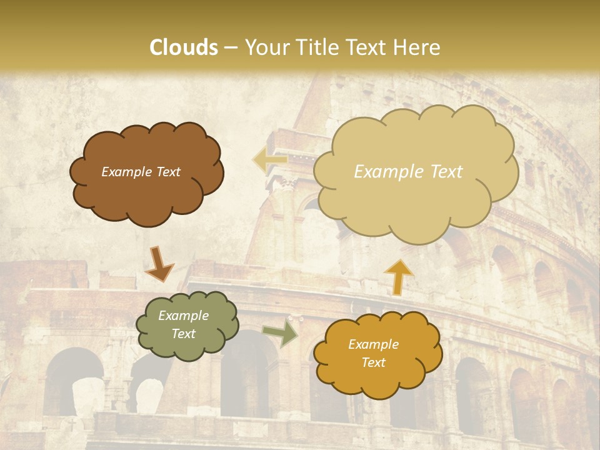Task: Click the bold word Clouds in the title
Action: (x=184, y=47)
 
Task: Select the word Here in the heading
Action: (x=417, y=47)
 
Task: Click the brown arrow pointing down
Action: (x=159, y=264)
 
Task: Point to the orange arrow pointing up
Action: (x=399, y=276)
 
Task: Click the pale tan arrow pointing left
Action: (x=269, y=161)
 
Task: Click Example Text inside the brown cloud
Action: (x=141, y=172)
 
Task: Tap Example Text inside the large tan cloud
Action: (x=408, y=172)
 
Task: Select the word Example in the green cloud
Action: (x=183, y=316)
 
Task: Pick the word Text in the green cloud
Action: (x=183, y=334)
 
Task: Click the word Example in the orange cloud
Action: (x=373, y=344)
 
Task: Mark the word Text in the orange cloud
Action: (x=373, y=362)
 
